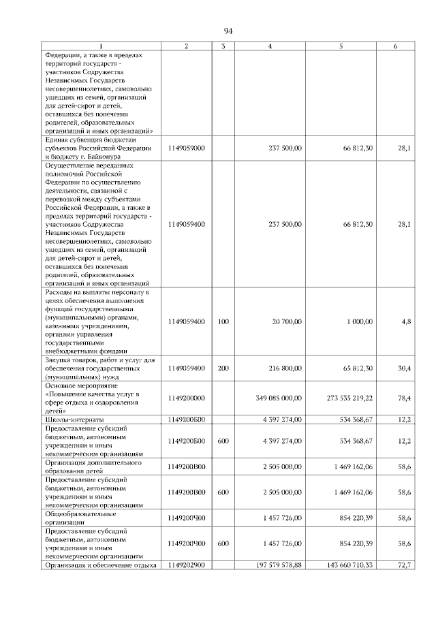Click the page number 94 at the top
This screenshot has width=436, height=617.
coord(228,31)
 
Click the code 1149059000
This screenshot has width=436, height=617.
coord(186,148)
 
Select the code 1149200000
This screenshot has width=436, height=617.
coord(186,398)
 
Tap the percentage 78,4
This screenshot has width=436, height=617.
coord(403,398)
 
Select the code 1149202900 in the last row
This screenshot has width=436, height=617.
coord(186,565)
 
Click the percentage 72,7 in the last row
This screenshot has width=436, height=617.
coord(403,565)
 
